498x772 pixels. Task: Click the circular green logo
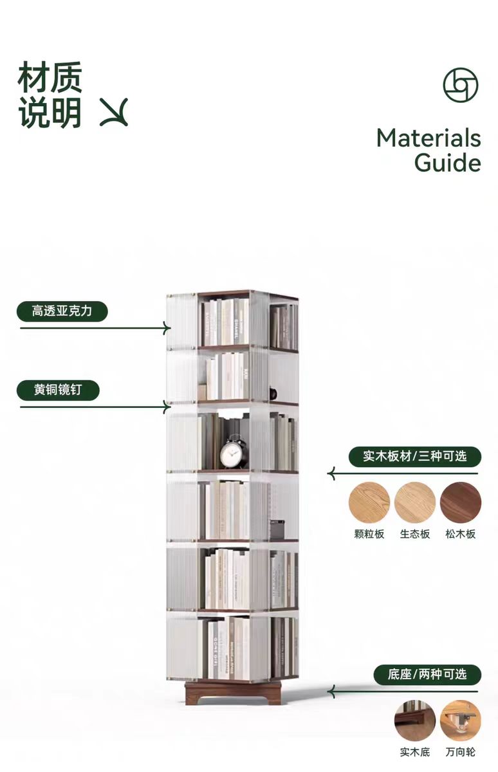pyautogui.click(x=461, y=85)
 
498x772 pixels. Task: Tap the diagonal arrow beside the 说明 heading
pyautogui.click(x=114, y=112)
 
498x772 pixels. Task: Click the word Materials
pyautogui.click(x=429, y=138)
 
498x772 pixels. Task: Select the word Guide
pyautogui.click(x=447, y=162)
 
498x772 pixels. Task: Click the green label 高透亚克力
pyautogui.click(x=62, y=311)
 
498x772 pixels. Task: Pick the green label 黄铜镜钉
pyautogui.click(x=58, y=390)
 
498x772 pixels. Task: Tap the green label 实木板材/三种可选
pyautogui.click(x=414, y=457)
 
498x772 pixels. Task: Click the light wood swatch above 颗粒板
pyautogui.click(x=369, y=502)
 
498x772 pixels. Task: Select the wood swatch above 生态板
pyautogui.click(x=415, y=502)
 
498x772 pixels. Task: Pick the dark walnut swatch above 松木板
pyautogui.click(x=461, y=502)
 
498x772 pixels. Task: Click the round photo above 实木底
pyautogui.click(x=415, y=721)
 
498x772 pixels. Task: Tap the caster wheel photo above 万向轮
pyautogui.click(x=461, y=721)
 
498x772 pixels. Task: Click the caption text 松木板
pyautogui.click(x=461, y=534)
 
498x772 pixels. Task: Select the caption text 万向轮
pyautogui.click(x=461, y=752)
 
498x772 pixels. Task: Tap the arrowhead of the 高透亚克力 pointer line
pyautogui.click(x=168, y=328)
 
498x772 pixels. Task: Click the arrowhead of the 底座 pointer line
pyautogui.click(x=331, y=692)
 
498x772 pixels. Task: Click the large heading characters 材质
pyautogui.click(x=50, y=77)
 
